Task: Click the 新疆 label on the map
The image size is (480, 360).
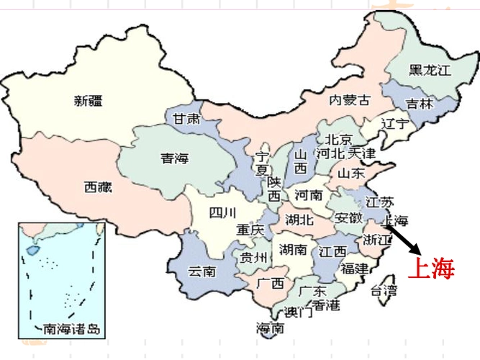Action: tap(88, 101)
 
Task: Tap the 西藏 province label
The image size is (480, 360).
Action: tap(98, 187)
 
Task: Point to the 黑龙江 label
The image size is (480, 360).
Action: tap(429, 70)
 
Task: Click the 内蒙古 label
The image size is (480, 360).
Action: tap(350, 101)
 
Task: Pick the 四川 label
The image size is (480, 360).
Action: tap(222, 212)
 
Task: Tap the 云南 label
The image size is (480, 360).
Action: tap(202, 271)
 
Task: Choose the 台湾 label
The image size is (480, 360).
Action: tap(383, 291)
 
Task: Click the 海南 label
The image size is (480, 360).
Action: tap(270, 328)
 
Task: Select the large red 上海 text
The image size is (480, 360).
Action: tap(432, 269)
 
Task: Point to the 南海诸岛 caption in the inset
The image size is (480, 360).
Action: tap(73, 330)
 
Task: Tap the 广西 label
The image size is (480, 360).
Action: tap(271, 282)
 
